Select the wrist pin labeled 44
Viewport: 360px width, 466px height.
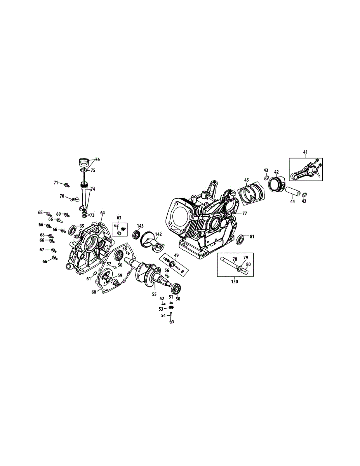click(293, 192)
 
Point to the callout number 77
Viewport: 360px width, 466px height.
click(245, 214)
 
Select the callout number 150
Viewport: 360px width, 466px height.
click(235, 281)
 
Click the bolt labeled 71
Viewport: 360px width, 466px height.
click(66, 184)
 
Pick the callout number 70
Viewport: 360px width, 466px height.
click(62, 196)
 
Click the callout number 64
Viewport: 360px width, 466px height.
click(103, 213)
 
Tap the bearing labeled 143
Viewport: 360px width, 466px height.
click(136, 235)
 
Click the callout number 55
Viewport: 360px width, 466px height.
click(154, 295)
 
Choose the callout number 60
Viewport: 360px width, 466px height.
click(94, 292)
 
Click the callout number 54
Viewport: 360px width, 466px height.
click(163, 316)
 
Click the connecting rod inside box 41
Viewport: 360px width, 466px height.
click(305, 171)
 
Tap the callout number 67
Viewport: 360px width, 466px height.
click(42, 250)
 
